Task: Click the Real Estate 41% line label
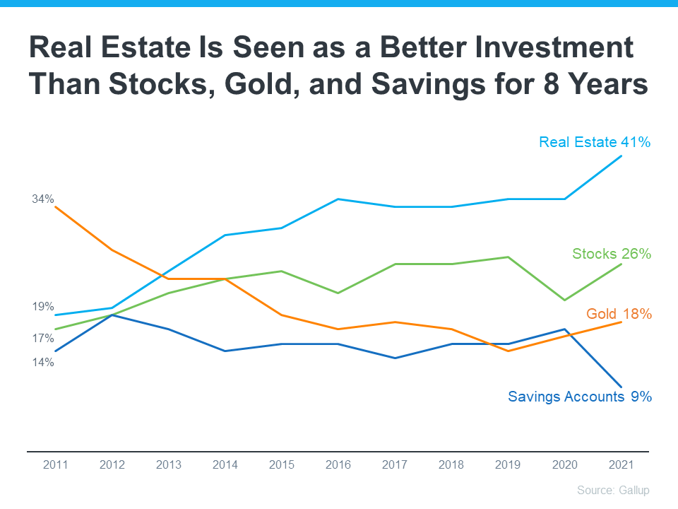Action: click(x=594, y=142)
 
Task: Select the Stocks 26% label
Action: click(x=611, y=254)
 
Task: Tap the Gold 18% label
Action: click(x=619, y=314)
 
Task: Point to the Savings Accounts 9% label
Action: click(x=579, y=397)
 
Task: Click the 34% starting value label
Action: click(x=43, y=199)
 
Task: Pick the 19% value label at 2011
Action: click(x=43, y=307)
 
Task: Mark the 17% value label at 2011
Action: click(x=43, y=339)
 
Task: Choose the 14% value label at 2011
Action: click(x=43, y=363)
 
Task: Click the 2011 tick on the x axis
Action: click(x=56, y=464)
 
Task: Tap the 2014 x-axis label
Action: click(x=225, y=464)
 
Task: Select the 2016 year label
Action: click(x=338, y=464)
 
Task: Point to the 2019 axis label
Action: click(x=508, y=464)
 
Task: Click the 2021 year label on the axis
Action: click(x=621, y=464)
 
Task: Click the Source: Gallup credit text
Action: click(x=612, y=490)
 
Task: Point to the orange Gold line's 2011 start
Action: click(x=56, y=207)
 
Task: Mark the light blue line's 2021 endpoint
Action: click(x=621, y=156)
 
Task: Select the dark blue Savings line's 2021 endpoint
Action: click(x=621, y=387)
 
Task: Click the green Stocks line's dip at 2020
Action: click(x=564, y=300)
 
